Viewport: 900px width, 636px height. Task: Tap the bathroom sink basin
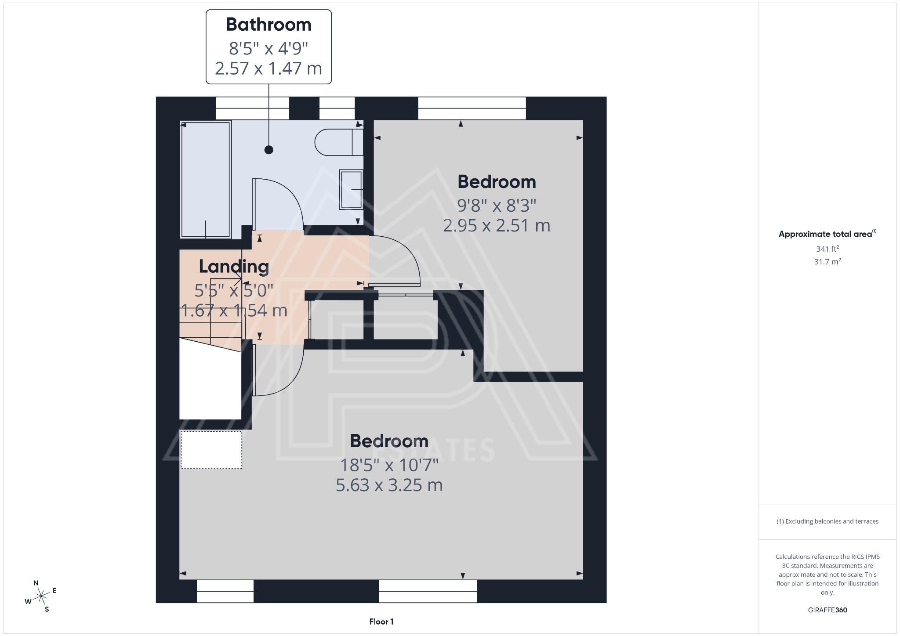pos(351,189)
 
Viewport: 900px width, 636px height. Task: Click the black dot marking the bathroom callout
pos(269,150)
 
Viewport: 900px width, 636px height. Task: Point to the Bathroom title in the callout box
pos(269,25)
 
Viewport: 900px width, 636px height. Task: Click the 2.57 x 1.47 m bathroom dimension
pos(269,69)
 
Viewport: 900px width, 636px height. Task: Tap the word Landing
pos(234,266)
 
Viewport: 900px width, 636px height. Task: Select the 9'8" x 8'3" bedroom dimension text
pos(497,205)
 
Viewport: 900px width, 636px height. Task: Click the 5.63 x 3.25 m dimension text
pos(389,485)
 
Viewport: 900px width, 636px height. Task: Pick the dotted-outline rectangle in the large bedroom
pos(211,450)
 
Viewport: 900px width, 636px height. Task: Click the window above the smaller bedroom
pos(472,108)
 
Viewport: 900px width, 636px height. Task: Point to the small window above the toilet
pos(337,108)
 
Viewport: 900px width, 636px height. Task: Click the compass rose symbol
pos(41,596)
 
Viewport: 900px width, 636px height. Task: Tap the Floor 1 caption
pos(381,622)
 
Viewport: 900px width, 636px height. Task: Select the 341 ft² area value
pos(827,249)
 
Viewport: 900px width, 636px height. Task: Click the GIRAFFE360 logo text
pos(827,610)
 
